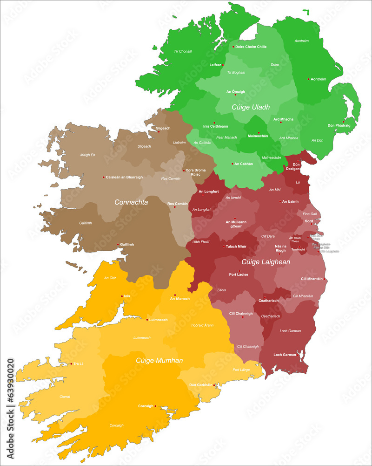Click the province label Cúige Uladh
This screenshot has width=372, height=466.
click(251, 107)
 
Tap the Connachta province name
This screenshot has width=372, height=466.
click(131, 202)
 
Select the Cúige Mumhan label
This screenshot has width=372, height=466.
click(159, 360)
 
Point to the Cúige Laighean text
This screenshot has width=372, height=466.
click(266, 262)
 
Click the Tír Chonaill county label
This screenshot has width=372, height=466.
click(183, 51)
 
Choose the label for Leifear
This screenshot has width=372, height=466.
click(215, 65)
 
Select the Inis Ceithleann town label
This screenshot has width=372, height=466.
click(216, 126)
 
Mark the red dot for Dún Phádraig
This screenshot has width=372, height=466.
click(344, 121)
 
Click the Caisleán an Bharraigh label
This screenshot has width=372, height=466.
click(124, 177)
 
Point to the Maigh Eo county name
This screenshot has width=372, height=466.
click(87, 155)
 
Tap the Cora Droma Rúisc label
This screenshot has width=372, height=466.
click(196, 172)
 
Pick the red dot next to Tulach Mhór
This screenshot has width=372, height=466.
click(224, 247)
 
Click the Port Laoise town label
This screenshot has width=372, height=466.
click(239, 274)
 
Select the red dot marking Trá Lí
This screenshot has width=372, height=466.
click(71, 363)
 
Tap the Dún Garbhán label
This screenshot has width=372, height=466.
click(200, 385)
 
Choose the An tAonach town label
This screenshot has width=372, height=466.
click(179, 299)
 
